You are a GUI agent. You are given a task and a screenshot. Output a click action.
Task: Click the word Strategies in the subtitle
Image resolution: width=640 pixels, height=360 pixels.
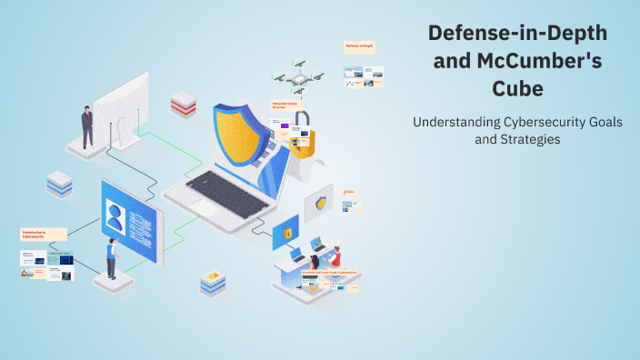(x=530, y=140)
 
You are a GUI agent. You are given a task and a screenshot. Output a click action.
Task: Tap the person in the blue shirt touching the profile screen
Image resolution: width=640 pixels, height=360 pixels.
(x=111, y=258)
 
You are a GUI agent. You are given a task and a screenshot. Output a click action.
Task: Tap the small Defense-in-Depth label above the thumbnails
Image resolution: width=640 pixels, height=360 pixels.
(x=360, y=45)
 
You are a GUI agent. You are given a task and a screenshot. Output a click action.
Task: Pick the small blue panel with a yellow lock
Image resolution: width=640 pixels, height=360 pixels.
(x=285, y=233)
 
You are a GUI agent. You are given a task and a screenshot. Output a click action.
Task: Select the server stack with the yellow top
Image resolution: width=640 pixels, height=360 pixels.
(x=213, y=283)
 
